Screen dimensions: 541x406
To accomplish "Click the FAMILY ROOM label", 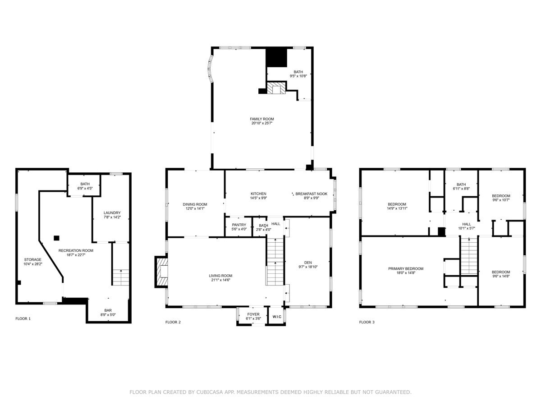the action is [x=262, y=119].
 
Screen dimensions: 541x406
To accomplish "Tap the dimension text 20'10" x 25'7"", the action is [x=262, y=123].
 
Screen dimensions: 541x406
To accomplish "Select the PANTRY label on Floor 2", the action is [x=239, y=225].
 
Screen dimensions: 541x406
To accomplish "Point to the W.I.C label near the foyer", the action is [x=277, y=317].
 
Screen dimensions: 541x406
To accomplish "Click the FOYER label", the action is [x=253, y=314].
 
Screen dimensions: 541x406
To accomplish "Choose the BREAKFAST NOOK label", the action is [x=311, y=194].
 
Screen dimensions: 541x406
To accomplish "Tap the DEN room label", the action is [x=308, y=263].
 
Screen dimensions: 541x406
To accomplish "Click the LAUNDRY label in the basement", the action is [x=112, y=213].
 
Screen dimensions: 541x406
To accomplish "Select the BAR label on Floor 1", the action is [x=108, y=310].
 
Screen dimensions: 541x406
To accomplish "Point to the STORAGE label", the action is [x=33, y=259].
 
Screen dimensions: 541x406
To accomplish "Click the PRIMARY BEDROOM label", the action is [x=406, y=269].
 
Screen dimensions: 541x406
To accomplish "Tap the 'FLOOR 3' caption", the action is [x=367, y=322].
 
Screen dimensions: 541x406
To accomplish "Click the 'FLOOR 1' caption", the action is [x=23, y=318].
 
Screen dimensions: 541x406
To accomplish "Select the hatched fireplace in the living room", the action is [x=161, y=272].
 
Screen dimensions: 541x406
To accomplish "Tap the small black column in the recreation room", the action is [x=56, y=238].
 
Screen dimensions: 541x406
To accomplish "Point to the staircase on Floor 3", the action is [x=469, y=256].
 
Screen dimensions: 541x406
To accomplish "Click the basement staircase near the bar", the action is [x=121, y=277].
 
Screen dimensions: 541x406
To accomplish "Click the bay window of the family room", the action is [x=211, y=69].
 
